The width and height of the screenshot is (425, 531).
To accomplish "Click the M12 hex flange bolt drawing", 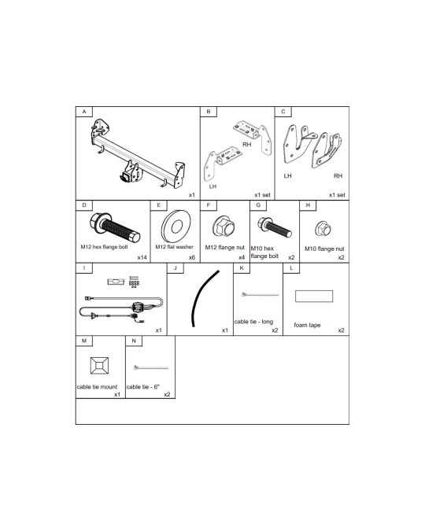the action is click(115, 227).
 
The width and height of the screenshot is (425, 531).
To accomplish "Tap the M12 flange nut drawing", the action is click(224, 226).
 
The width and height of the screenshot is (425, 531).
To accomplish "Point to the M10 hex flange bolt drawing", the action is click(275, 227).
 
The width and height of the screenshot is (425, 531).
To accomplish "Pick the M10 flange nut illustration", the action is click(323, 229).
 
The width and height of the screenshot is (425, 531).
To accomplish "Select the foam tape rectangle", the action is click(314, 296).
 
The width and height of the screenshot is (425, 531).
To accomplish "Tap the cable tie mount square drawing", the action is click(100, 366).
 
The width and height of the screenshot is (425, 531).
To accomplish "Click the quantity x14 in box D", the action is click(142, 257).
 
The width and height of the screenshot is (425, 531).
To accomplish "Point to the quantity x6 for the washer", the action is click(192, 257).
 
